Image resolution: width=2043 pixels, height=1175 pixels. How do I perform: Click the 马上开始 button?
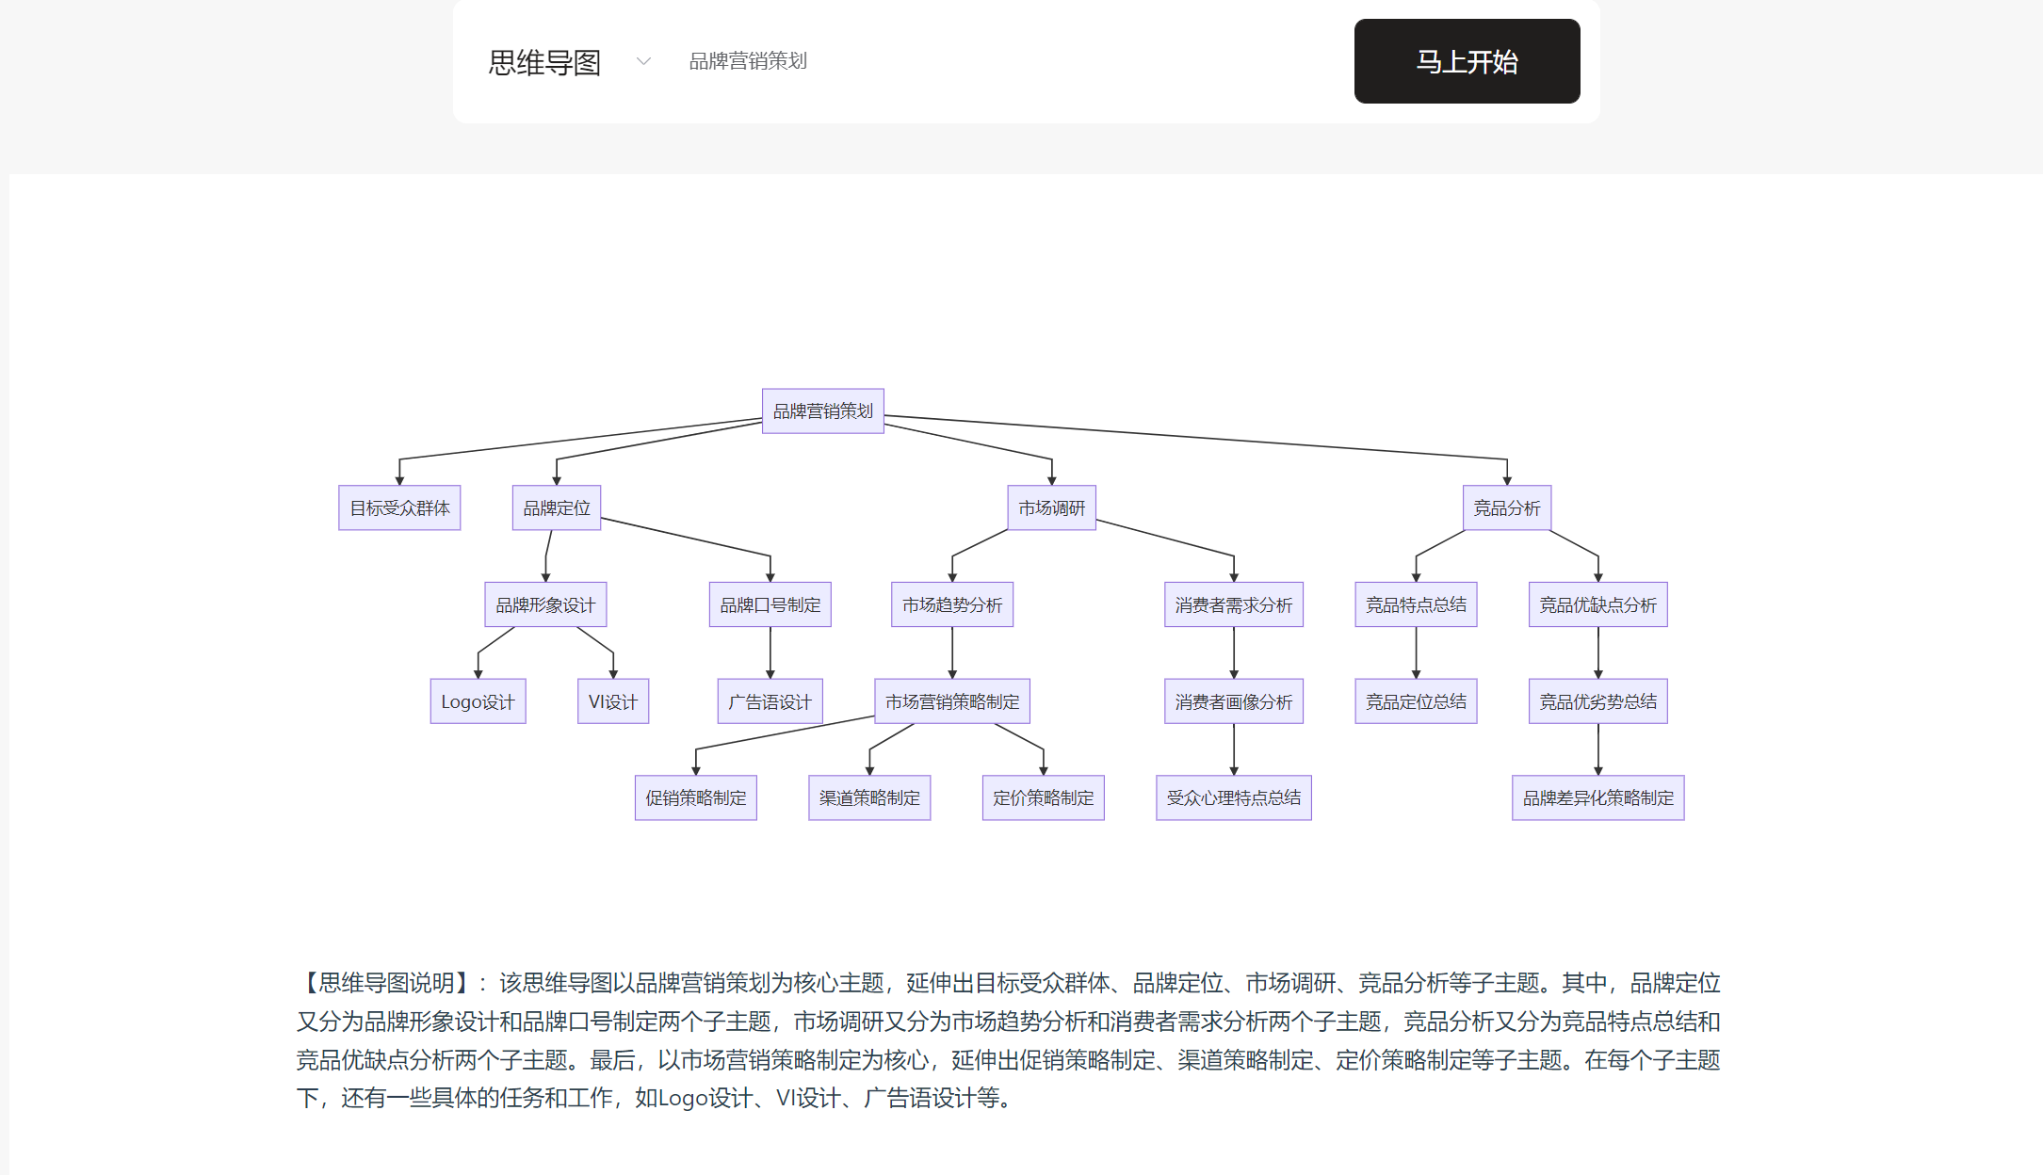pos(1467,61)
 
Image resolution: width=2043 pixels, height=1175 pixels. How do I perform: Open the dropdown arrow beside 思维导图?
pos(644,62)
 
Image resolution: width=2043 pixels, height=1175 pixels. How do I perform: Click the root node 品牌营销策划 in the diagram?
pos(823,411)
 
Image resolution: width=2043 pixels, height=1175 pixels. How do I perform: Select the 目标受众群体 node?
pos(399,508)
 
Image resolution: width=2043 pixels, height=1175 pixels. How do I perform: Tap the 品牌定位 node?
pos(557,508)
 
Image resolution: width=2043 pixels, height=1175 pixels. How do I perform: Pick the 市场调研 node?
pos(1052,508)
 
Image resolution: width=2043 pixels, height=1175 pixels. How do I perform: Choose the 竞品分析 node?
pos(1507,508)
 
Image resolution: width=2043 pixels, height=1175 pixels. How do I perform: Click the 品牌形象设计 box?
pos(545,604)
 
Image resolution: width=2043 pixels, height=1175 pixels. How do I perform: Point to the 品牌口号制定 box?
pos(770,604)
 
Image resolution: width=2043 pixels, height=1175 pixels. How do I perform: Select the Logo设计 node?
pos(478,701)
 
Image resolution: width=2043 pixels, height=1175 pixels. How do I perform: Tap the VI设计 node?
pos(613,701)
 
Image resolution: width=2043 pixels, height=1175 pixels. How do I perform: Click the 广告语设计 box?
pos(770,701)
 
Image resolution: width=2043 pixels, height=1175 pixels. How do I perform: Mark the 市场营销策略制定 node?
pos(952,701)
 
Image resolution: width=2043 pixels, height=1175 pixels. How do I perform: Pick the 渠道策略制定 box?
pos(869,798)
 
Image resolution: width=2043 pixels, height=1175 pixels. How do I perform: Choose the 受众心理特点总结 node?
pos(1234,798)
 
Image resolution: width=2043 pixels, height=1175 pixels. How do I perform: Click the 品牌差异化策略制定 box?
pos(1598,798)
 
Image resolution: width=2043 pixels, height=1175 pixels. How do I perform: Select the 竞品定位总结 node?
pos(1416,701)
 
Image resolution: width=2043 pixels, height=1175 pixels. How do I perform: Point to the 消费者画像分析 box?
pos(1234,701)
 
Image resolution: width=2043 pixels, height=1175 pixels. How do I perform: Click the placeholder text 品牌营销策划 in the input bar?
pos(748,61)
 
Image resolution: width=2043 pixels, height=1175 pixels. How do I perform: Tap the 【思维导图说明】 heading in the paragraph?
pos(387,983)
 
